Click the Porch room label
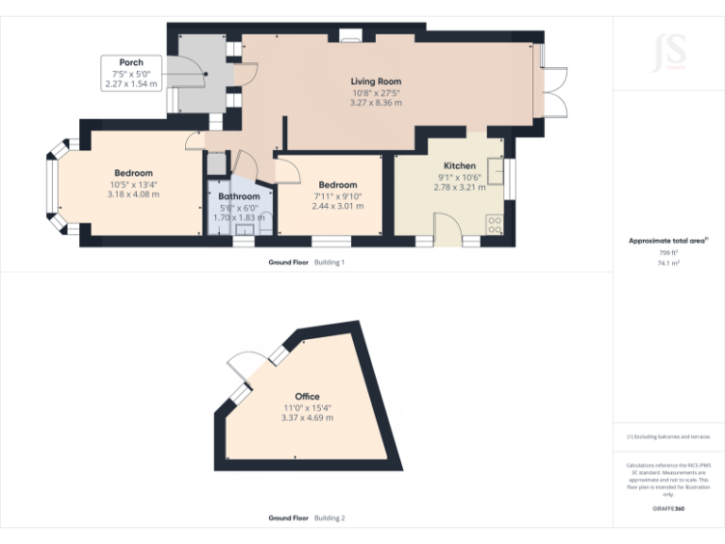tap(131, 62)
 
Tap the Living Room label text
tap(376, 81)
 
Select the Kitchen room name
tap(459, 165)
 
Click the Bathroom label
tap(238, 196)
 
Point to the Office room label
tap(308, 397)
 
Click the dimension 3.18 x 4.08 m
tap(133, 195)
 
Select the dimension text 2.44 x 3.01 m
tap(337, 206)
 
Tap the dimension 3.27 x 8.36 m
tap(376, 102)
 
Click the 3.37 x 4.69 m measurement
tap(308, 417)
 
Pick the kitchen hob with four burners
tap(495, 226)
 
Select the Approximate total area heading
tap(668, 241)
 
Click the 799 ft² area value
tap(668, 253)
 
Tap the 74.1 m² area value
tap(668, 264)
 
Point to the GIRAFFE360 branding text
tap(667, 509)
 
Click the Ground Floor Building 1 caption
tap(307, 262)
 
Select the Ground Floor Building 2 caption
tap(307, 518)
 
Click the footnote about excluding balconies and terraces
tap(667, 437)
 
